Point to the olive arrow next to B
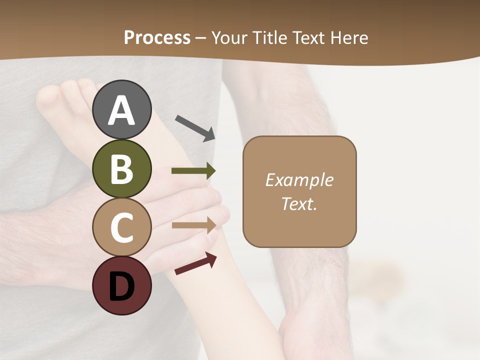click(193, 171)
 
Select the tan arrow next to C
click(193, 225)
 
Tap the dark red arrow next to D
click(195, 263)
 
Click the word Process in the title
click(157, 37)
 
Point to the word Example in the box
click(299, 180)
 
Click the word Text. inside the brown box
click(299, 203)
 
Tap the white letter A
click(122, 110)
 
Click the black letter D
click(122, 286)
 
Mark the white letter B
click(122, 169)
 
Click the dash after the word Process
click(201, 38)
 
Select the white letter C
click(122, 227)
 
